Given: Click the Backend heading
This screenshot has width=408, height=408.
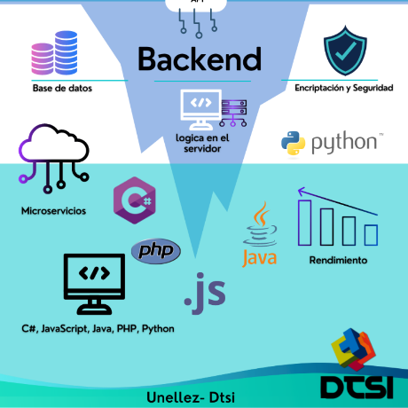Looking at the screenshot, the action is tap(200, 59).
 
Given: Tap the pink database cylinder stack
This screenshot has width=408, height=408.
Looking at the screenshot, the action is tap(43, 59).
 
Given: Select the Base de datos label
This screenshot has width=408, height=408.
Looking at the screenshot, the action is tap(62, 88).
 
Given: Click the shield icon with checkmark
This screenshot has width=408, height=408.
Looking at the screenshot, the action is tap(345, 51).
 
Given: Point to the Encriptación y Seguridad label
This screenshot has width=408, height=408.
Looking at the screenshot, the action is tap(344, 88).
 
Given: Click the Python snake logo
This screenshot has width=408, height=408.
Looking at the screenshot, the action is tap(293, 143).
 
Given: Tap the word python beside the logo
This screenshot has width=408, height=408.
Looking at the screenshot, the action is tap(344, 143).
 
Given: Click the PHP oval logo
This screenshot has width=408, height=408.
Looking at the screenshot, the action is tap(156, 251).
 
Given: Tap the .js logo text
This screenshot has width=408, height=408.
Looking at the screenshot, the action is tap(205, 293).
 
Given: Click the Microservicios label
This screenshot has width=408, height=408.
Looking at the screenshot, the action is tap(53, 211).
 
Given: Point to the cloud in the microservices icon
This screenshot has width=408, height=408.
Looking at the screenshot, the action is tap(54, 144).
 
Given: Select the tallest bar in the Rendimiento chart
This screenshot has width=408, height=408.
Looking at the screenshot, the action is tap(304, 223).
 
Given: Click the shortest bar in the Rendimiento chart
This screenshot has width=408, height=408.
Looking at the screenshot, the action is tap(371, 235).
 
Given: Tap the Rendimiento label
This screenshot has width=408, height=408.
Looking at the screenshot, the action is tap(338, 260).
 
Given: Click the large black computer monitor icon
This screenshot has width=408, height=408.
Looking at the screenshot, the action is tap(94, 284).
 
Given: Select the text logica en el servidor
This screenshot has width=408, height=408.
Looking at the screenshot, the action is tap(202, 143).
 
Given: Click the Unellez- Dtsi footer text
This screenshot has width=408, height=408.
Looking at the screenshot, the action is tap(191, 397).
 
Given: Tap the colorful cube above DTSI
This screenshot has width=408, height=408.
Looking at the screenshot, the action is tap(353, 349).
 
